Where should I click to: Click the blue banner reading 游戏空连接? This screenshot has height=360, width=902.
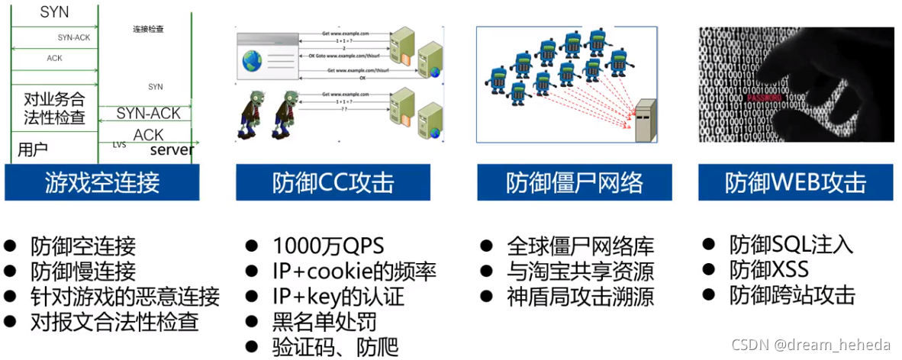pyautogui.click(x=101, y=183)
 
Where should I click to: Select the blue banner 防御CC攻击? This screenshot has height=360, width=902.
pyautogui.click(x=333, y=183)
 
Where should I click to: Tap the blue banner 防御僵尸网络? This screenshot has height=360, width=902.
pyautogui.click(x=574, y=183)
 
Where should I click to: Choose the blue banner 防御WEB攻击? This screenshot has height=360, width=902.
pyautogui.click(x=796, y=183)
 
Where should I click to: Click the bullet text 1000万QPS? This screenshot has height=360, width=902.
pyautogui.click(x=328, y=246)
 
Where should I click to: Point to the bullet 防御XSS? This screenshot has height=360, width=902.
pyautogui.click(x=768, y=270)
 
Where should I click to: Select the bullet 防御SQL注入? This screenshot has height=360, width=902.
pyautogui.click(x=791, y=245)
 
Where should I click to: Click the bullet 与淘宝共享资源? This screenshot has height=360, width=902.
pyautogui.click(x=581, y=272)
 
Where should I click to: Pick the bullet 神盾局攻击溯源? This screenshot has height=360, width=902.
pyautogui.click(x=581, y=296)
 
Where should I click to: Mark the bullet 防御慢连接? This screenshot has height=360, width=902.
pyautogui.click(x=83, y=271)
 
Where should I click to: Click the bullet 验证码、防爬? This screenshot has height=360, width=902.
pyautogui.click(x=335, y=346)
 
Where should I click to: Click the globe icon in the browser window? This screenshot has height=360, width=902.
pyautogui.click(x=252, y=61)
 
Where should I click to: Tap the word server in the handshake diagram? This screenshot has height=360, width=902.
pyautogui.click(x=172, y=149)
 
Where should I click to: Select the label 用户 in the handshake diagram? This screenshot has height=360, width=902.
pyautogui.click(x=33, y=148)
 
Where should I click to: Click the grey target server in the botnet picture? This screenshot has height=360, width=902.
pyautogui.click(x=646, y=120)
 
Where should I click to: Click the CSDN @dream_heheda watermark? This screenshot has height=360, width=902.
pyautogui.click(x=812, y=344)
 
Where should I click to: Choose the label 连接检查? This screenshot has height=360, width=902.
pyautogui.click(x=148, y=29)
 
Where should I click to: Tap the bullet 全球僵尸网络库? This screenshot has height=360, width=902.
pyautogui.click(x=581, y=246)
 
